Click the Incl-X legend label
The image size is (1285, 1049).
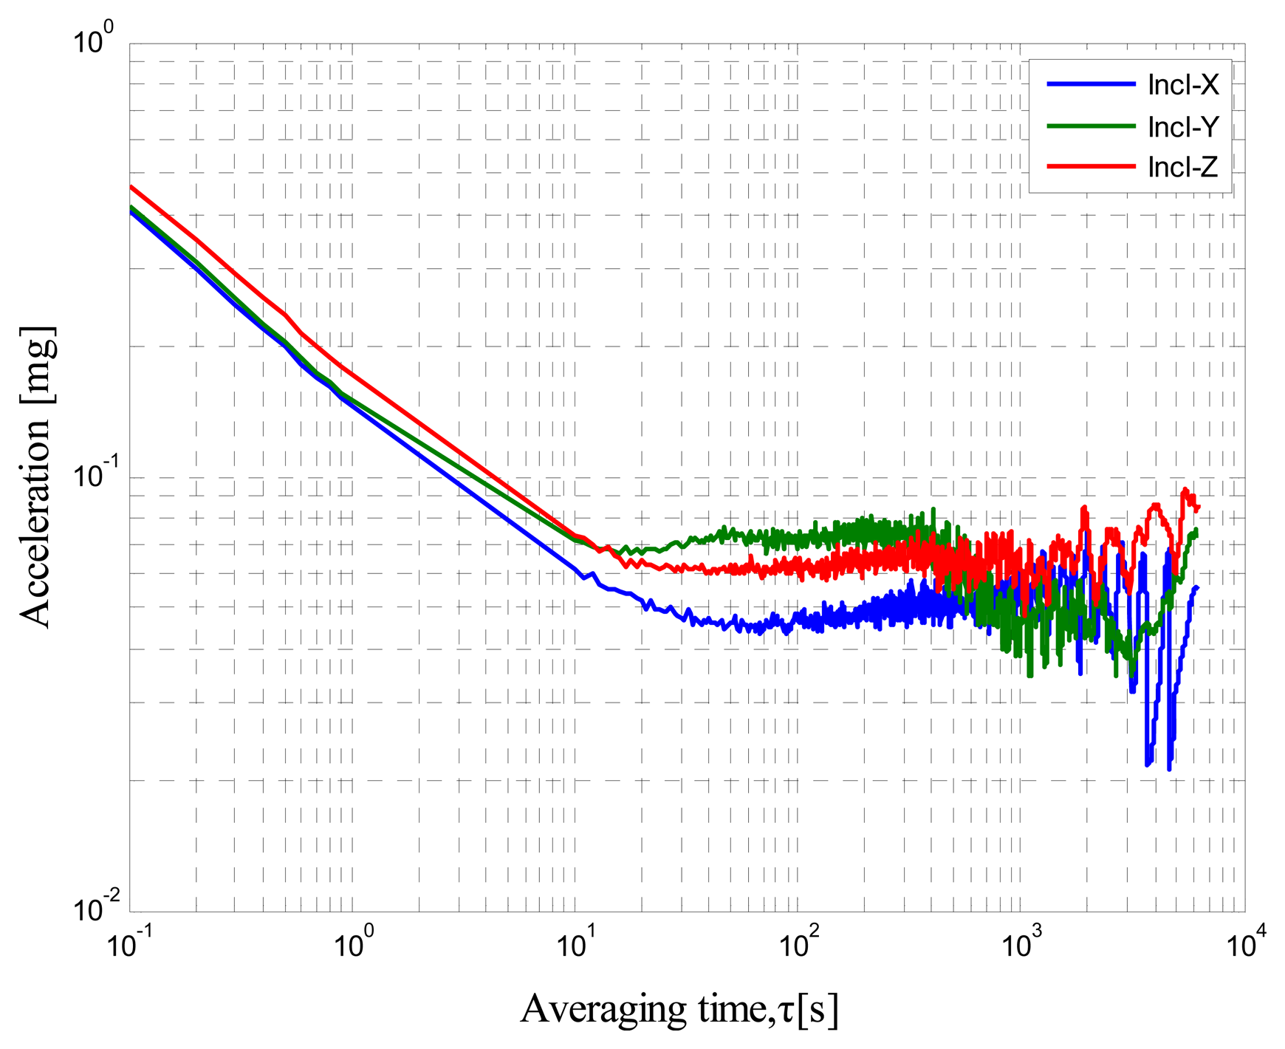1182,86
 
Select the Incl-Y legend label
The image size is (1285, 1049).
1182,127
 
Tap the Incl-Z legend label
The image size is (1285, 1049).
1182,168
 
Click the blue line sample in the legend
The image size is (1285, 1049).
1091,85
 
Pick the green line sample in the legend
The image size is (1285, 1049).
1091,126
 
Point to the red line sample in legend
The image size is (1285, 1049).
1091,167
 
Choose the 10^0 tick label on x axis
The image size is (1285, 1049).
352,945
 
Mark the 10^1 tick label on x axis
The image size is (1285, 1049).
575,945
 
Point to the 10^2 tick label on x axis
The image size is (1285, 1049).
798,945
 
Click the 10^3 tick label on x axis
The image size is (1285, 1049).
1021,945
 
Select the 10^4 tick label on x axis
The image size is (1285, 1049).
1244,945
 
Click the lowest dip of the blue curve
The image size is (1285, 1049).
1169,769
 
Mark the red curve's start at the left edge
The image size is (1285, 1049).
131,186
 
